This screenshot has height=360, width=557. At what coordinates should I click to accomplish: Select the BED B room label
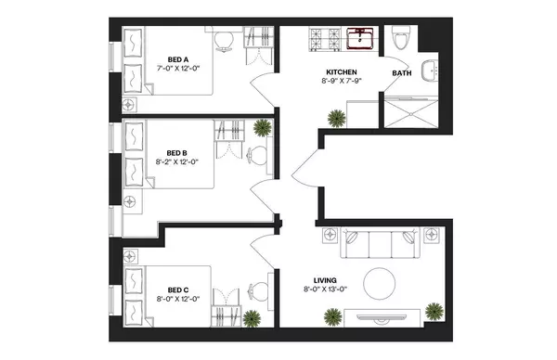177,153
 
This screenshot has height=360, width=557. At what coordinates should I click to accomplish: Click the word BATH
403,72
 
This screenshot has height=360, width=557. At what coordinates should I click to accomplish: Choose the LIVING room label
324,279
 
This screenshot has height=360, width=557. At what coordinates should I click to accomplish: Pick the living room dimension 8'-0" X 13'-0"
324,289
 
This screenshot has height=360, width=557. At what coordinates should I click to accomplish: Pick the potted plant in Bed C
252,317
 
